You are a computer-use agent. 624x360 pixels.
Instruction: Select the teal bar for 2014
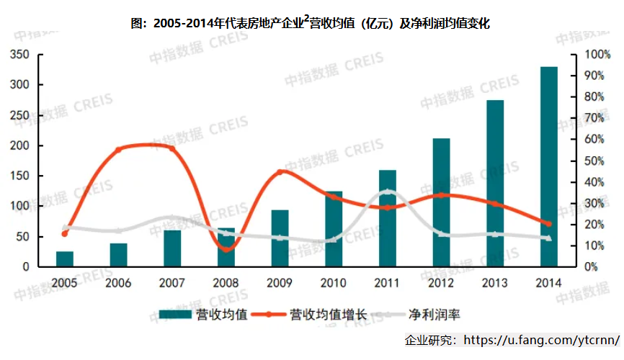(549, 166)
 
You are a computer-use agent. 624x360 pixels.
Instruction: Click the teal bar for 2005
(65, 259)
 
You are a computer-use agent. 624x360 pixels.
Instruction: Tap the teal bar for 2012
(441, 202)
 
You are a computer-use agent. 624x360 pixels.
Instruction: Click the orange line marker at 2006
(119, 150)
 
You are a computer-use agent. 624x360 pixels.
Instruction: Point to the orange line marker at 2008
(226, 248)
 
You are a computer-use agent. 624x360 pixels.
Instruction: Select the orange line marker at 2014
(548, 224)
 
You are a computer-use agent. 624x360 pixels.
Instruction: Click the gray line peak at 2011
(388, 192)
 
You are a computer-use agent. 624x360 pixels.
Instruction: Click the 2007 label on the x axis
(172, 282)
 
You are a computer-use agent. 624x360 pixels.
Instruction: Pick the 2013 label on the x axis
(495, 282)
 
